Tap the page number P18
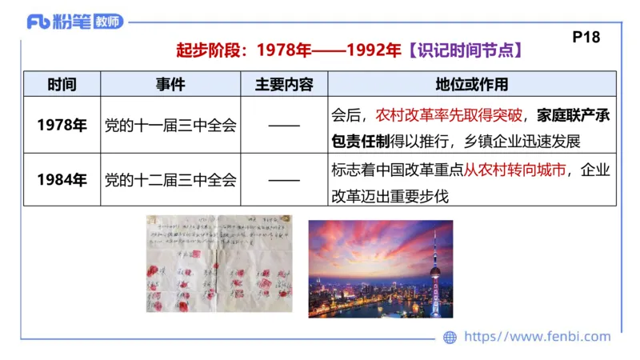coord(586,36)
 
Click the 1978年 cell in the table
coord(62,126)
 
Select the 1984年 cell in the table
coord(62,179)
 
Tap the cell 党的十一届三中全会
coord(170,126)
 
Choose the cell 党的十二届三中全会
coord(170,179)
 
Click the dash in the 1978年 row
coord(284,126)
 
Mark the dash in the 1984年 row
coord(284,179)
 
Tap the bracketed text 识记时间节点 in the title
coord(465,50)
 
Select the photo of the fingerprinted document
coord(218,266)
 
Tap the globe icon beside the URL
coord(450,338)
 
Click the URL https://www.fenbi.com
coord(537,338)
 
